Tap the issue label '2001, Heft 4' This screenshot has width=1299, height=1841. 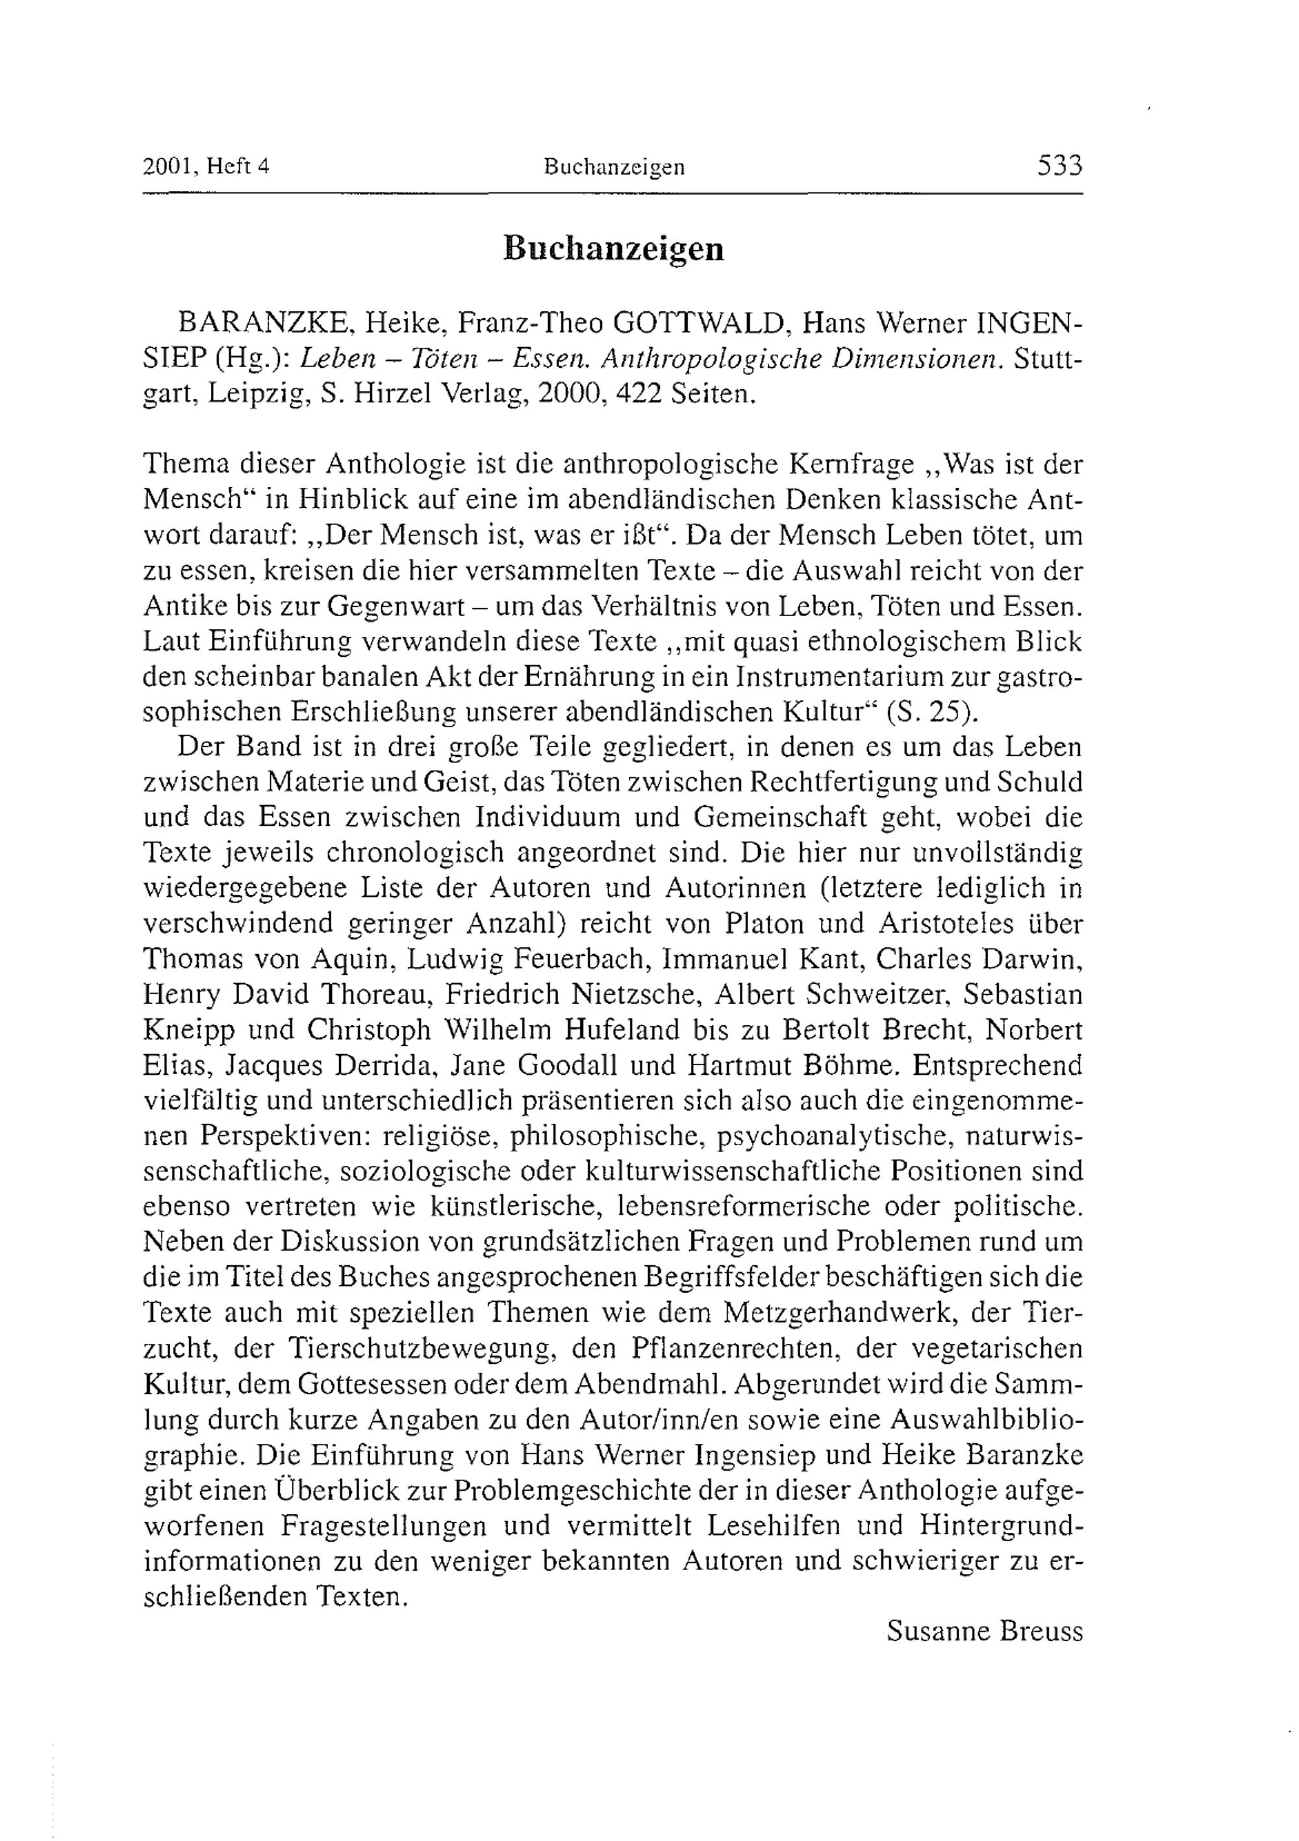(206, 167)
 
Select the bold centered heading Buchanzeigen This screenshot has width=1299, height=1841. (613, 249)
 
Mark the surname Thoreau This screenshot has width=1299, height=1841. (377, 994)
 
